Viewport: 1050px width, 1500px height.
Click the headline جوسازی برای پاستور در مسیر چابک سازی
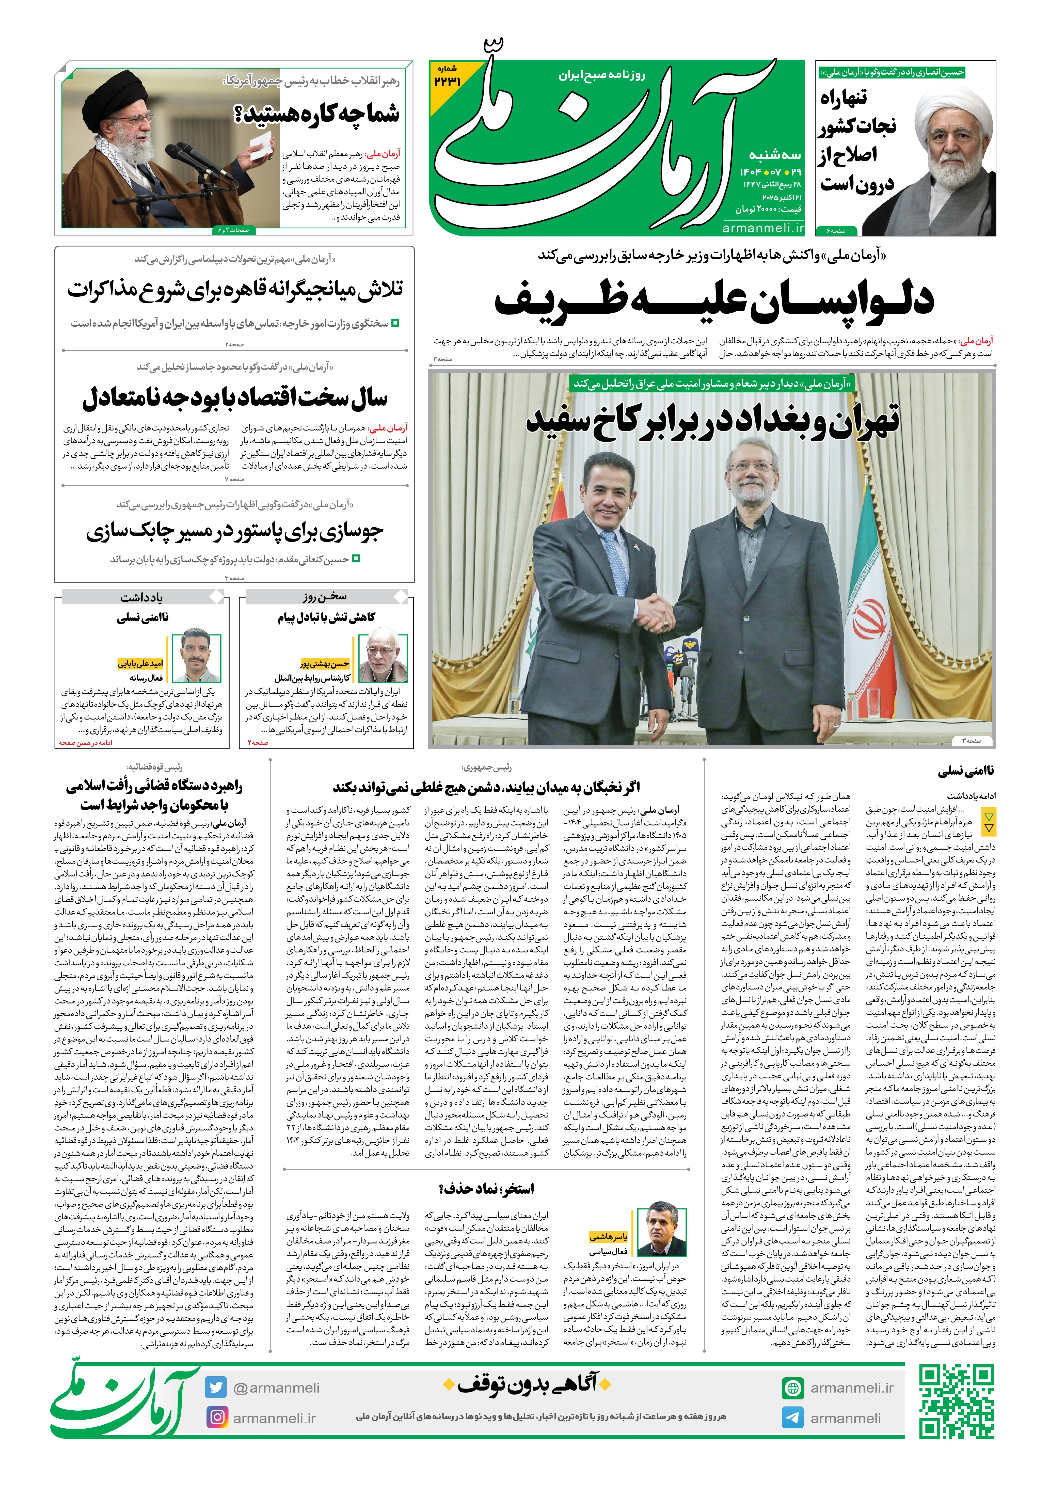point(235,531)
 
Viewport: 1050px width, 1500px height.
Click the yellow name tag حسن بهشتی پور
point(325,664)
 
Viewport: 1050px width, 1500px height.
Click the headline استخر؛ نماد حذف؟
point(486,1188)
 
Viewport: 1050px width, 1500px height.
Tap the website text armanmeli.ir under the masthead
point(762,228)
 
